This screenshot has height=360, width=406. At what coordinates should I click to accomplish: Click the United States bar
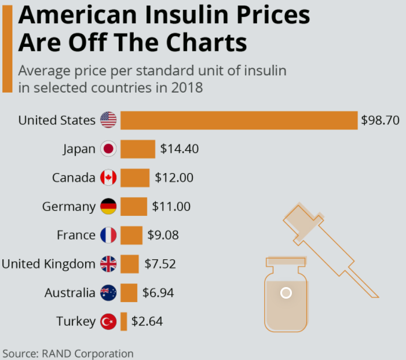point(239,120)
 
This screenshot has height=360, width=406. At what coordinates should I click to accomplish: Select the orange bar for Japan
point(138,149)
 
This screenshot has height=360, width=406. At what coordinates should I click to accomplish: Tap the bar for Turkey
point(123,321)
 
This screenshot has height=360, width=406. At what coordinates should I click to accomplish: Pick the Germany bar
point(134,207)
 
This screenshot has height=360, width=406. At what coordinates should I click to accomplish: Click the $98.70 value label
point(381,120)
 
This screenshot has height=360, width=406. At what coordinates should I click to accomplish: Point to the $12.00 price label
point(174,178)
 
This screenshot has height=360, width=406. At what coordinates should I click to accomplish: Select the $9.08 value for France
point(163,235)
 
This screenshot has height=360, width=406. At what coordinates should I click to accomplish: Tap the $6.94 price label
point(158,293)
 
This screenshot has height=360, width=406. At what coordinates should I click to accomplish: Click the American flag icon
point(108,120)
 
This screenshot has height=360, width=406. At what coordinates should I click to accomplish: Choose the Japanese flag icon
point(108,149)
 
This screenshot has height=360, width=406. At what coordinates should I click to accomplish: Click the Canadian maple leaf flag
point(108,178)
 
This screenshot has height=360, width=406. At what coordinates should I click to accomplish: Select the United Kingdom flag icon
point(108,264)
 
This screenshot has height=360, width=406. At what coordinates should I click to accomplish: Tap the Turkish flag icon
point(108,321)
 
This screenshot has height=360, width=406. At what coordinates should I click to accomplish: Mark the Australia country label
point(70,293)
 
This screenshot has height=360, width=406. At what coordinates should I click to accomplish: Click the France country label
point(76,235)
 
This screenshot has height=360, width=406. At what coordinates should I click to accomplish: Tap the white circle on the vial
point(286,293)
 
